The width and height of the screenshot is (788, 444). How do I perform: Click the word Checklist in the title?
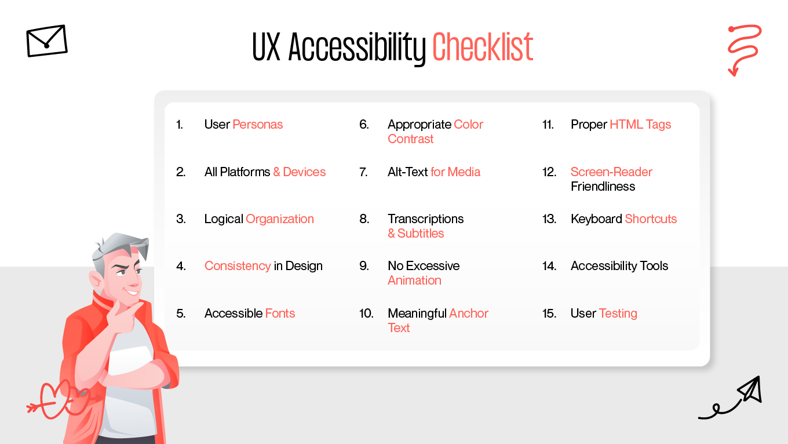coord(483,47)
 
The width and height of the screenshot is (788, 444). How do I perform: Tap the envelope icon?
coord(47,41)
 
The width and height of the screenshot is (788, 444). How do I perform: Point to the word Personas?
coord(257,124)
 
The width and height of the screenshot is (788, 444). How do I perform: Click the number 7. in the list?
coord(363,172)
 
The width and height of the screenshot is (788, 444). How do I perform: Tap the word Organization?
coord(280,219)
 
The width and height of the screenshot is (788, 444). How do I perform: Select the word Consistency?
coord(238,266)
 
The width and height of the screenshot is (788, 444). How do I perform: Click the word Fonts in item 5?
coord(280,313)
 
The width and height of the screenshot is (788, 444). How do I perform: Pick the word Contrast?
coord(411,139)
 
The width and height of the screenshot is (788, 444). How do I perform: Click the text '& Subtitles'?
coord(416,233)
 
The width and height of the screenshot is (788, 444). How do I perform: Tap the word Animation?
coord(414,281)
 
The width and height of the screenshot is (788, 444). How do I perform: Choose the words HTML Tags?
coord(640,124)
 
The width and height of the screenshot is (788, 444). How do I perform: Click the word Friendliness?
coord(603,187)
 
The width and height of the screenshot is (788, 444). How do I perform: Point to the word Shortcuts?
coord(651,219)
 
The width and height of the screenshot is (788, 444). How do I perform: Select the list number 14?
coord(549,266)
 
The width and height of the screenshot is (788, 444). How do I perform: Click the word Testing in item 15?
coord(618,314)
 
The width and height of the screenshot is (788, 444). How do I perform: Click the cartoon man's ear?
coord(96,281)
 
